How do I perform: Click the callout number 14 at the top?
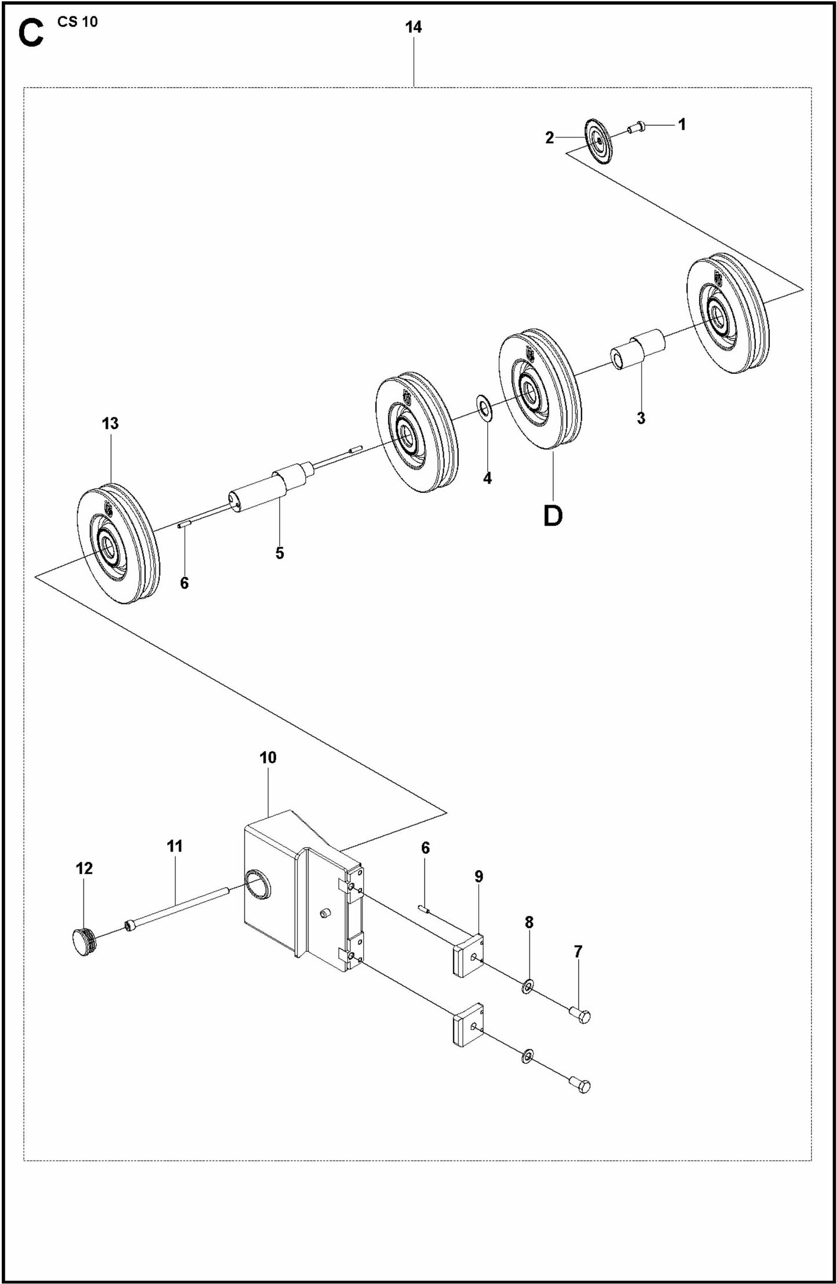(413, 27)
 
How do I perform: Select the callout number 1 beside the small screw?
(682, 124)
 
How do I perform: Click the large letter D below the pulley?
(553, 515)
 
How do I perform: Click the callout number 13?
(110, 424)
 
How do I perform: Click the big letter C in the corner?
(31, 35)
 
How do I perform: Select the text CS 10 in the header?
(78, 22)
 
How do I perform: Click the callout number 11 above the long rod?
(174, 846)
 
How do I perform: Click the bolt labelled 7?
(581, 1014)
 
